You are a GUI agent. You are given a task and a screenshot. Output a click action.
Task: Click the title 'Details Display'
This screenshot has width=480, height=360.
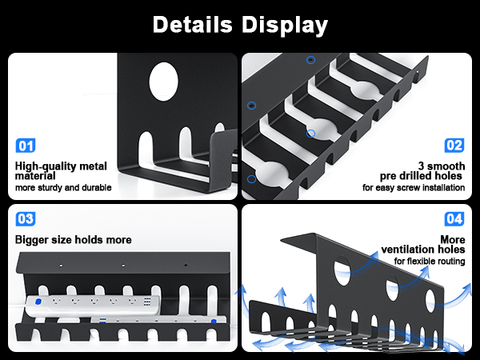[x=240, y=24]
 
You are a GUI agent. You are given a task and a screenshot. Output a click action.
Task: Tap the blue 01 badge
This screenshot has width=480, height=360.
[x=26, y=146]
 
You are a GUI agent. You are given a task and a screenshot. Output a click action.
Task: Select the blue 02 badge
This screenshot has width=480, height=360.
[x=454, y=146]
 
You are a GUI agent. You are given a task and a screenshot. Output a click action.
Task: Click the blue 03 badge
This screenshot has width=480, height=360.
[x=26, y=218]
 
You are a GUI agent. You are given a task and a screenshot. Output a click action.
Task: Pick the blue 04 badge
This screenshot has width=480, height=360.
[x=454, y=218]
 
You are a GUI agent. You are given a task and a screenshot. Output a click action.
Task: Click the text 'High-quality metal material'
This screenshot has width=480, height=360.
[x=61, y=170]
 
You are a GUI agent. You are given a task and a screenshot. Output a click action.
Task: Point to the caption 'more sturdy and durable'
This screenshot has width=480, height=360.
[x=63, y=189]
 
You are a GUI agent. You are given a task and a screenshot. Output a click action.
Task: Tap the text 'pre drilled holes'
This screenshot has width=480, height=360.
[x=422, y=175]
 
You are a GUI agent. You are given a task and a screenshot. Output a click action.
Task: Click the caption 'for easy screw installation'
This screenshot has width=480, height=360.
[x=413, y=189]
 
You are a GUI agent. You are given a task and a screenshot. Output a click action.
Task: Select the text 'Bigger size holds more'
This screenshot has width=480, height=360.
[x=73, y=239]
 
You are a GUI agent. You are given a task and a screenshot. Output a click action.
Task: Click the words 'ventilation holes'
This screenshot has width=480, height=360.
[x=425, y=250]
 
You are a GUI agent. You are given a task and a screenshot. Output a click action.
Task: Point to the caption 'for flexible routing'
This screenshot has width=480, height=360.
[x=429, y=262]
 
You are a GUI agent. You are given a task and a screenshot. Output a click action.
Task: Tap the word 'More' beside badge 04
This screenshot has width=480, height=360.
[x=452, y=239]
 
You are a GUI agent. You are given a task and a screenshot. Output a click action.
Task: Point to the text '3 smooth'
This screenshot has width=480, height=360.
[x=442, y=165]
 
